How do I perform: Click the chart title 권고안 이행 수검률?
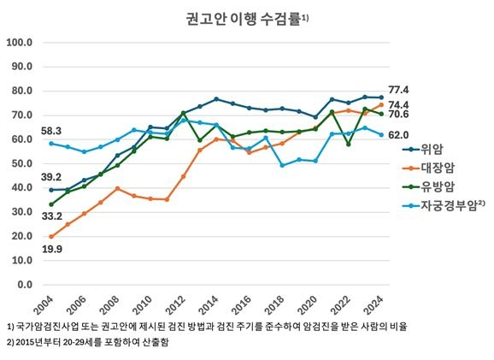pyautogui.click(x=241, y=18)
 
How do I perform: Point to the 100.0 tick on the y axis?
pyautogui.click(x=19, y=42)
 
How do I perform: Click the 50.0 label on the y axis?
pyautogui.click(x=21, y=163)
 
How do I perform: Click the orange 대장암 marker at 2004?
pyautogui.click(x=51, y=236)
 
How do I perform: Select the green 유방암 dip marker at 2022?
pyautogui.click(x=348, y=144)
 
